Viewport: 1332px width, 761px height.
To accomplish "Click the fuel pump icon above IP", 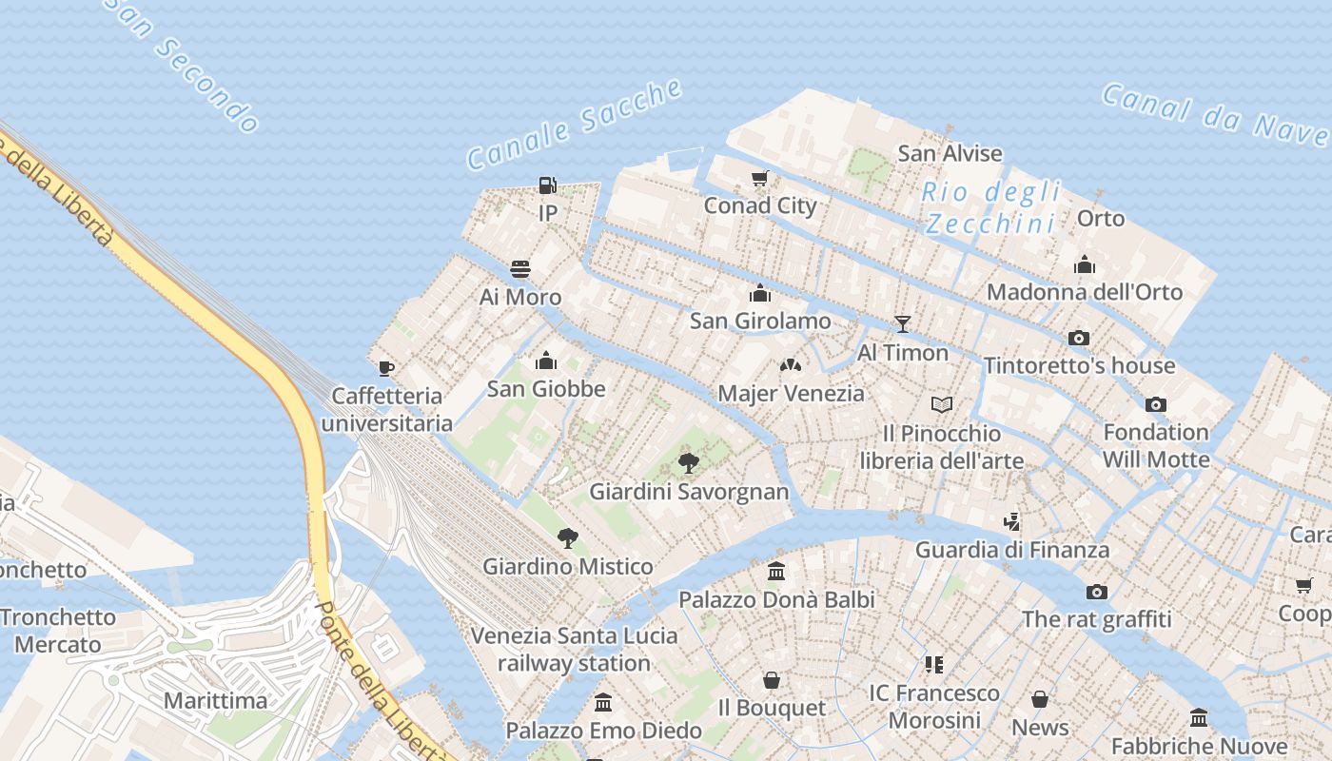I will [x=548, y=185].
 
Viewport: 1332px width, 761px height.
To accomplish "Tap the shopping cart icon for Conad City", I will [x=759, y=178].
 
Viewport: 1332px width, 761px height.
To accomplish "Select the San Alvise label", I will [x=950, y=153].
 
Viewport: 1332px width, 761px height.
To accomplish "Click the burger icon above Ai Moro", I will [x=520, y=269].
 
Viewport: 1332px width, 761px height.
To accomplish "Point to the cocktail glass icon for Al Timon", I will [x=903, y=324].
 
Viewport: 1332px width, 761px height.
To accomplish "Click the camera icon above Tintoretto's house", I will [x=1078, y=338].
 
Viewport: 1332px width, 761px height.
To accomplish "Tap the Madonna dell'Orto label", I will [x=1085, y=292].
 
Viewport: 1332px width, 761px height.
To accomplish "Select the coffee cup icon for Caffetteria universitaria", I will [x=385, y=368].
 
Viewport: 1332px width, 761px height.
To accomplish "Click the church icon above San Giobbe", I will [x=546, y=361].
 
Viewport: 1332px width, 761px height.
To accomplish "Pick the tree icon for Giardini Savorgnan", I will [x=689, y=463].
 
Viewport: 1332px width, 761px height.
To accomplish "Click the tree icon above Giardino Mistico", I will [x=567, y=538].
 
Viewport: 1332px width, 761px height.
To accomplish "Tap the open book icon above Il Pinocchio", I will [x=942, y=405].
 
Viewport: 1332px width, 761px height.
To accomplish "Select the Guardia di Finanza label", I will [x=1012, y=550].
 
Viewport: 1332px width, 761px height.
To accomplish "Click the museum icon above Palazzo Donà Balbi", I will [x=776, y=572].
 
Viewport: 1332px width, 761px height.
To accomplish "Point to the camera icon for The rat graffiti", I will [x=1097, y=592].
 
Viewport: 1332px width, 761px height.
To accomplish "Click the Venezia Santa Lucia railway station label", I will [x=575, y=649].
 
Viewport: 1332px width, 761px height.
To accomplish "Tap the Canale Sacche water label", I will [x=575, y=125].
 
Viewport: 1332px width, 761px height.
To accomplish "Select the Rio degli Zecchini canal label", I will [x=991, y=207].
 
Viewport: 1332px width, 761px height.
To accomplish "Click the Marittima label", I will [x=216, y=701].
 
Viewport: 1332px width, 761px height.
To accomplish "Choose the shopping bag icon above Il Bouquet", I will [x=772, y=680].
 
